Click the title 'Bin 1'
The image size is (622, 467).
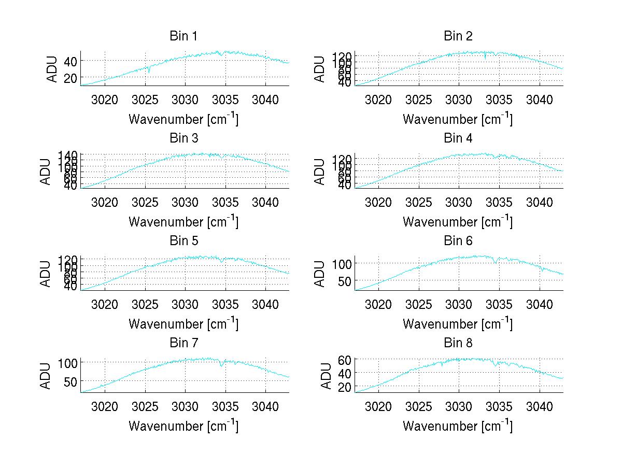183,36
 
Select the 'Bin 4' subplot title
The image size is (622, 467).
458,138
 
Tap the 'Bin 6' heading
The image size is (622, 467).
458,241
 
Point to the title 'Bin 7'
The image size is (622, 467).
183,343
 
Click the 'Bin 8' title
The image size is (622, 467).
458,343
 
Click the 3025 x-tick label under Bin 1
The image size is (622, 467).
145,99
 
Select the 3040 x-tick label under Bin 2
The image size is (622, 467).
539,99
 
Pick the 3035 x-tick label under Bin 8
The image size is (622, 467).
499,406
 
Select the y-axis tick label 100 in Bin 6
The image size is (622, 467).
342,264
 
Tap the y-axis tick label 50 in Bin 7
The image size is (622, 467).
68,381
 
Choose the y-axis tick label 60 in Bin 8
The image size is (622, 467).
345,359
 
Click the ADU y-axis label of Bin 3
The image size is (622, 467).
45,171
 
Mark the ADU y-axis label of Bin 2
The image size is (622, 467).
319,69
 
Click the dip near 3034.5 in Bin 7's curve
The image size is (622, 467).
222,366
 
